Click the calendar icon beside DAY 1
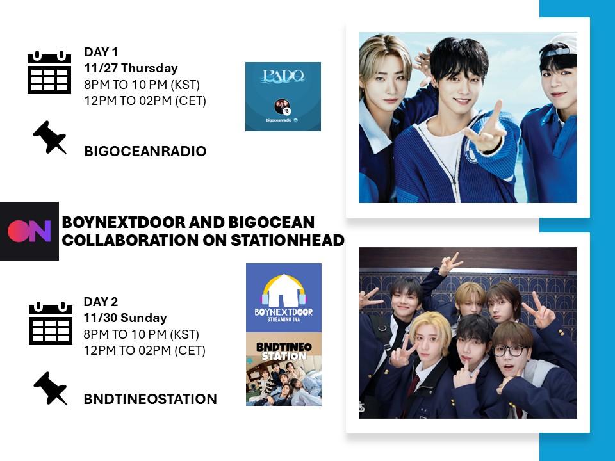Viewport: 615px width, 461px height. (x=49, y=72)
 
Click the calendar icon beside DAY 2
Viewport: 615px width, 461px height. (x=51, y=323)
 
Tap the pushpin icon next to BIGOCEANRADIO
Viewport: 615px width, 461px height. (x=50, y=138)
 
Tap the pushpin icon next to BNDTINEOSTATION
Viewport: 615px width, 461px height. (x=50, y=389)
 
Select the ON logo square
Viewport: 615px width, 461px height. (x=29, y=231)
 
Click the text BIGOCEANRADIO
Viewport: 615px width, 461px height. (x=145, y=152)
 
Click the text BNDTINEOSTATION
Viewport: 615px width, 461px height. (x=150, y=400)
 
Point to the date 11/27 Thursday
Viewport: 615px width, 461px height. (x=131, y=69)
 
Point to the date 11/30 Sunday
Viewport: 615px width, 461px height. (x=125, y=318)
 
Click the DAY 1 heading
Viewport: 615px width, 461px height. (x=101, y=53)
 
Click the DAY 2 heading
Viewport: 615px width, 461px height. (x=101, y=302)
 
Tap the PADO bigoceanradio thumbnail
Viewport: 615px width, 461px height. (x=283, y=97)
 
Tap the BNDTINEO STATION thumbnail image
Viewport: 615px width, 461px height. (x=283, y=369)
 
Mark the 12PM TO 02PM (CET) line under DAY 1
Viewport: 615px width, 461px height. (x=145, y=101)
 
